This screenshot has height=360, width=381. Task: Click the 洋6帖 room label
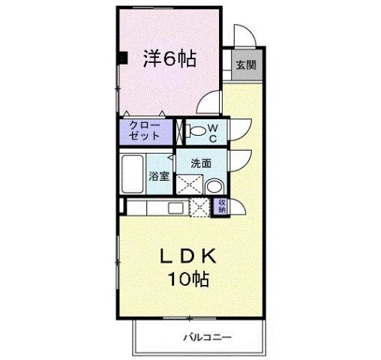169,59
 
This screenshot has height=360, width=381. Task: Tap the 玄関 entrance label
244,64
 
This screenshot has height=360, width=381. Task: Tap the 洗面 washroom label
200,163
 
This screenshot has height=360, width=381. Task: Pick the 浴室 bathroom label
158,177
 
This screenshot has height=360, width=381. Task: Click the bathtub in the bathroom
133,174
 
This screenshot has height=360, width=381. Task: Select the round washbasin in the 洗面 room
214,187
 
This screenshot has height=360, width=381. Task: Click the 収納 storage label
222,206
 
